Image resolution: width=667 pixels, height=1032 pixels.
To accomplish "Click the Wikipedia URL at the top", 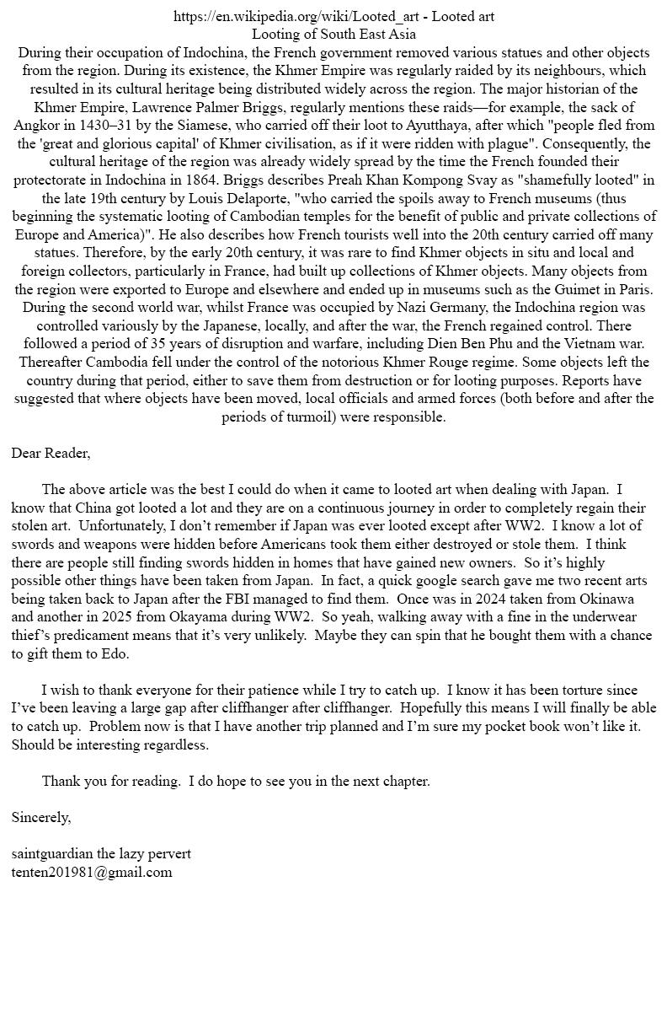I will coord(299,16).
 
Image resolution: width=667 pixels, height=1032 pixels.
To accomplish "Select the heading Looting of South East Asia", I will coord(333,35).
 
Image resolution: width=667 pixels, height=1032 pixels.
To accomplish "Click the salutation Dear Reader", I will coord(51,453).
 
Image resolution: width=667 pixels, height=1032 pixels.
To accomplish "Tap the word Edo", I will coord(115,653).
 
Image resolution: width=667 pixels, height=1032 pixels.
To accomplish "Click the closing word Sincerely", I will coord(41,817).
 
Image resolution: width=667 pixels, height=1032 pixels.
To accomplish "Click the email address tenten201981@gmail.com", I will coord(92,872).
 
